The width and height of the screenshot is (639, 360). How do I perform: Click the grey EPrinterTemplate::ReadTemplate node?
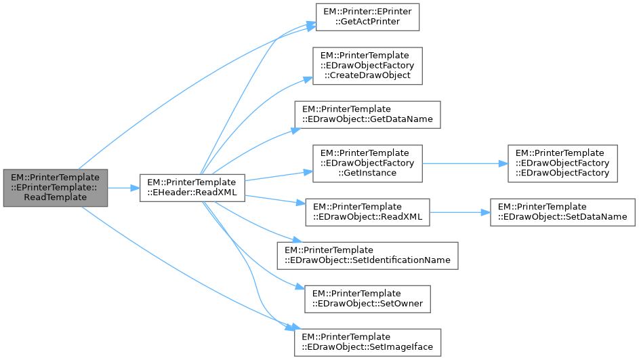coord(55,187)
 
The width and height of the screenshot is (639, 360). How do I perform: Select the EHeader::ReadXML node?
coord(192,188)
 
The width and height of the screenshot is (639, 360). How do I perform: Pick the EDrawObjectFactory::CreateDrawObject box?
coord(367,66)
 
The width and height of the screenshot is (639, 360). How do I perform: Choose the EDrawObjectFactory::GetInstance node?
coord(367,163)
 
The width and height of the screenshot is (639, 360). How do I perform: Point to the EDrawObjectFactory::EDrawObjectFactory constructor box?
coord(562,163)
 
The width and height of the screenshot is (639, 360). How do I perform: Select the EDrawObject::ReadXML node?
coord(367,212)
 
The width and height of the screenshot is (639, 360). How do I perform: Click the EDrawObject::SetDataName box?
coord(562,212)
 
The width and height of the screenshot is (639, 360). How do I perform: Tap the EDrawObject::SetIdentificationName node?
coord(367,256)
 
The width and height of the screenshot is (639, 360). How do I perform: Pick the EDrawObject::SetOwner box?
coord(367,298)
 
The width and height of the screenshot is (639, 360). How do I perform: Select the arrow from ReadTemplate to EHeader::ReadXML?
coord(124,188)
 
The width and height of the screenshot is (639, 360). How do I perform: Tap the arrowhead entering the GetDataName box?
coord(289,126)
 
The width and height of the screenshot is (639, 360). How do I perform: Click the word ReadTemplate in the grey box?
coord(55,197)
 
